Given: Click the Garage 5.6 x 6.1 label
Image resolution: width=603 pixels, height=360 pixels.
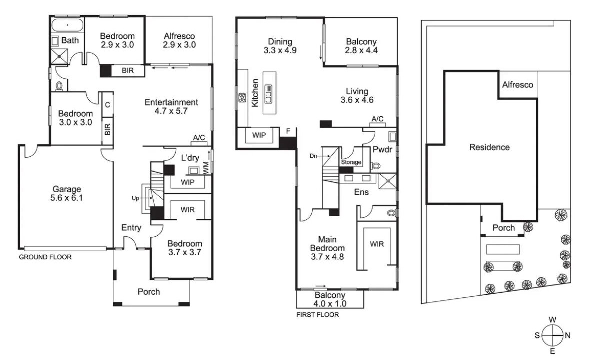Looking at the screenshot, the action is click(x=67, y=193).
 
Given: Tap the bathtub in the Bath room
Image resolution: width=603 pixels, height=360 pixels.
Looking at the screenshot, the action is click(x=67, y=25).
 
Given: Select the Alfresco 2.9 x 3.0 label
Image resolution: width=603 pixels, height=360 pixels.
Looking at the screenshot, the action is click(x=179, y=40).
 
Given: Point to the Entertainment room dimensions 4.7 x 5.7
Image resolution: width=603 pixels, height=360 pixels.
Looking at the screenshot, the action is click(x=171, y=111).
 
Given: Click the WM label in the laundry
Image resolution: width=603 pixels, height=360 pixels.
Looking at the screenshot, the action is click(x=206, y=167).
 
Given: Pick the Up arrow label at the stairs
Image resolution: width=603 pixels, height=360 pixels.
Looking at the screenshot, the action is click(x=135, y=198).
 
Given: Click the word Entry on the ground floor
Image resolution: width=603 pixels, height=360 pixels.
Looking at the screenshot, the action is click(x=131, y=228).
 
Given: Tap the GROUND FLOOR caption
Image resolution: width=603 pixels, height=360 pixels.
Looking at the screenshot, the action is click(x=45, y=257).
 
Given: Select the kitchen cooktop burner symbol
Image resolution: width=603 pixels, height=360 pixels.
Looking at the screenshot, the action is click(x=242, y=97).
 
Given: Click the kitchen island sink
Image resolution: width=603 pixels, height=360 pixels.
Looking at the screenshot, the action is click(x=268, y=94).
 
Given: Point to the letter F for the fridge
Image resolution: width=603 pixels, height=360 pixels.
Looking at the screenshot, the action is click(x=288, y=131).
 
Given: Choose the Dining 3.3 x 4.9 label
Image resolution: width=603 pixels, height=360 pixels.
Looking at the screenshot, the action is click(x=280, y=46).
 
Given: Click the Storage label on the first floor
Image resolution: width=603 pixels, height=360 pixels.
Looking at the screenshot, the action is click(x=351, y=162).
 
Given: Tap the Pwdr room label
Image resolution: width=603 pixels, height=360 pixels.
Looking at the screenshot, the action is click(x=382, y=149).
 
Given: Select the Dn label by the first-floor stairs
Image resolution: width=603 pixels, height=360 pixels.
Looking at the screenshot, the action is click(x=313, y=156).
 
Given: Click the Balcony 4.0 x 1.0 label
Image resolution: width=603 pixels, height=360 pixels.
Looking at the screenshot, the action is click(x=330, y=299).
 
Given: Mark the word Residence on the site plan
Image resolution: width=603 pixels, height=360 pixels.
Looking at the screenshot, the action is click(x=489, y=147).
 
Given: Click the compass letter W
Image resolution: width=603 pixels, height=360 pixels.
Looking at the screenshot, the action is click(x=552, y=320).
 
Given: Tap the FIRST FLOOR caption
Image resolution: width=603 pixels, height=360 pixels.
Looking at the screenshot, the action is click(x=317, y=315).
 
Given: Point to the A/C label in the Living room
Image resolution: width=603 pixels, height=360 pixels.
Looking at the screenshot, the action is click(x=377, y=119).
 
